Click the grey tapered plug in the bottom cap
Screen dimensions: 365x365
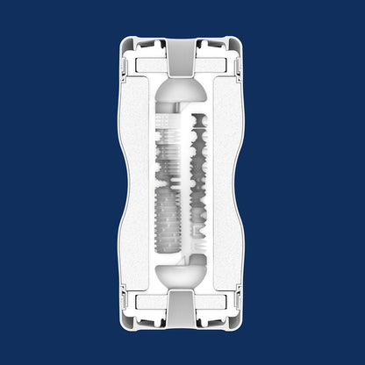[x=182, y=309]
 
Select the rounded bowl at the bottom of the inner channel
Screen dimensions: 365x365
[x=182, y=272]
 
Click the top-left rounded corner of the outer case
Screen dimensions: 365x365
[x=125, y=42]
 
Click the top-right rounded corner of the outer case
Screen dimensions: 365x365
[x=240, y=42]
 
